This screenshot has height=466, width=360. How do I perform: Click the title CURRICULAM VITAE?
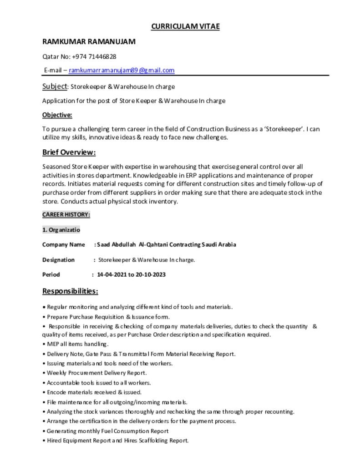pos(185,26)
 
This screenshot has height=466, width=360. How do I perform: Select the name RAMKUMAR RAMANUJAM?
pos(89,42)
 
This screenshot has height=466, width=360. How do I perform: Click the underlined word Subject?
pos(55,86)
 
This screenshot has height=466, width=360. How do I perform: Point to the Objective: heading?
pos(57,115)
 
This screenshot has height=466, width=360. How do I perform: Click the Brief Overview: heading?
pos(69,152)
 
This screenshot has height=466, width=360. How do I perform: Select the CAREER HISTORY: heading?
pos(66,214)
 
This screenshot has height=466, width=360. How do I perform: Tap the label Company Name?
pos(63,244)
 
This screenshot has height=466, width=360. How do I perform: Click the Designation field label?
pos(58,260)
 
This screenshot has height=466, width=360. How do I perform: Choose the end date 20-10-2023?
pos(151,274)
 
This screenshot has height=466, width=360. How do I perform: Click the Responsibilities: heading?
pos(70,291)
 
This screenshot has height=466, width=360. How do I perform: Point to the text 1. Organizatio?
pos(61,229)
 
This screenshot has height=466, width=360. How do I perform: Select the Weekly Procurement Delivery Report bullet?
pos(96,373)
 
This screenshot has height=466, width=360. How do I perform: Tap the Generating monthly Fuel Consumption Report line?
pos(107,431)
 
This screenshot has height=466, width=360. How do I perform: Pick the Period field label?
pos(51,274)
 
